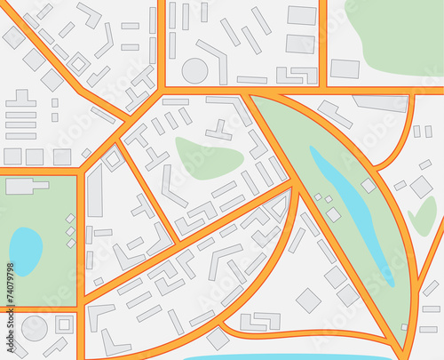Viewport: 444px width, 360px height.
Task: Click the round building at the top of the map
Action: coord(194,70)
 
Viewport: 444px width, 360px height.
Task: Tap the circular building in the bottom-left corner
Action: coord(34,328)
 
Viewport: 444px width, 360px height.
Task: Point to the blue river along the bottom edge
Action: coord(284,357)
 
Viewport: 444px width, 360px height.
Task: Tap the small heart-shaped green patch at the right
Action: coord(424,216)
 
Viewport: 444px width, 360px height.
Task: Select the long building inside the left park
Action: coord(26,186)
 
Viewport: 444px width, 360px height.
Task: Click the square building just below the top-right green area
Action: coord(345,68)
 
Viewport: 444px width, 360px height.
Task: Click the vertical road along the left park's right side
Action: coord(81,240)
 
